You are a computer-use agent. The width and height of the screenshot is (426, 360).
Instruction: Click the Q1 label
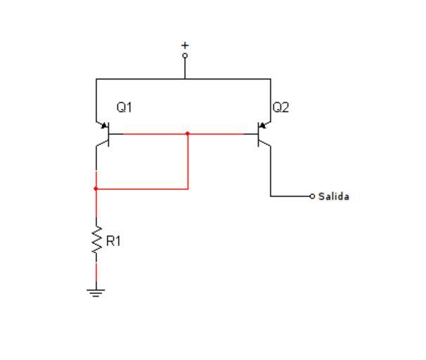tap(124, 108)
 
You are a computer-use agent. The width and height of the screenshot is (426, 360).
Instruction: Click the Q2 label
tap(280, 108)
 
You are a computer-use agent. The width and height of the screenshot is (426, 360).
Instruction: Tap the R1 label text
tap(113, 241)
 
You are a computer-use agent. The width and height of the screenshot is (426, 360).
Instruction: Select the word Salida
tap(334, 196)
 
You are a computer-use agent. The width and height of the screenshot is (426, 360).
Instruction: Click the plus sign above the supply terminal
tap(185, 45)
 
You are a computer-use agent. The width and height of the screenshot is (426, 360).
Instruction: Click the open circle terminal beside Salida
tap(313, 196)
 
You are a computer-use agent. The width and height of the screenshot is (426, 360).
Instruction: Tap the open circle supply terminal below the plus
tap(185, 55)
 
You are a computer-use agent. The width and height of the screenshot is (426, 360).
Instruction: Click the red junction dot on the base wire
tap(188, 133)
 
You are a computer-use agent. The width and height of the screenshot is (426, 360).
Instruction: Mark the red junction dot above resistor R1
tap(96, 188)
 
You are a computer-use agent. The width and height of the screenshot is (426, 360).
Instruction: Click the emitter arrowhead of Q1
tap(103, 127)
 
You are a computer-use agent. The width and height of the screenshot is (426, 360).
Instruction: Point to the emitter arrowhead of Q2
tap(263, 127)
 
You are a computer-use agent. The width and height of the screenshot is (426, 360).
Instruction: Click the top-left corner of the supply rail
tap(96, 79)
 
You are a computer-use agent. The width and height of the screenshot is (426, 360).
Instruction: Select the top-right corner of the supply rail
tap(271, 79)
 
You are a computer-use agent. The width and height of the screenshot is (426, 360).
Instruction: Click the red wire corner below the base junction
tap(188, 188)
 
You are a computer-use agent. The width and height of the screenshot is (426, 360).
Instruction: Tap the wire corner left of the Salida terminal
tap(271, 196)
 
